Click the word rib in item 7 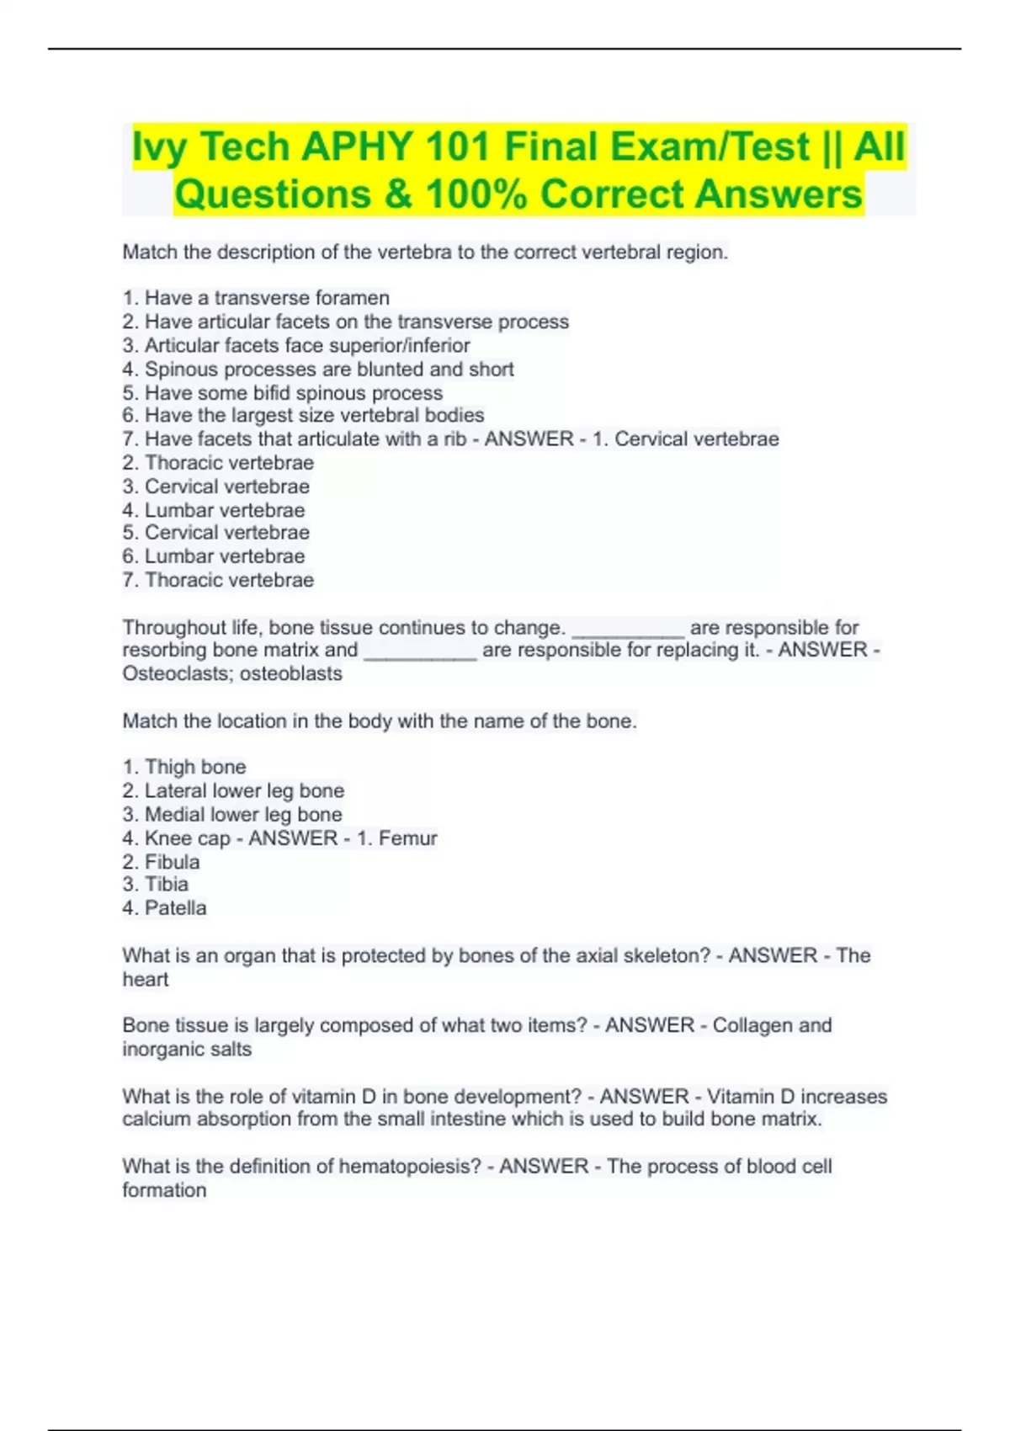tap(454, 439)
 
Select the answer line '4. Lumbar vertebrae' tap(214, 510)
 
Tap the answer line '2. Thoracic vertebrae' tap(218, 463)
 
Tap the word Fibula tap(172, 862)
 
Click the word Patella tap(175, 908)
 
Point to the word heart tap(146, 980)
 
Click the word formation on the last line tap(164, 1190)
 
